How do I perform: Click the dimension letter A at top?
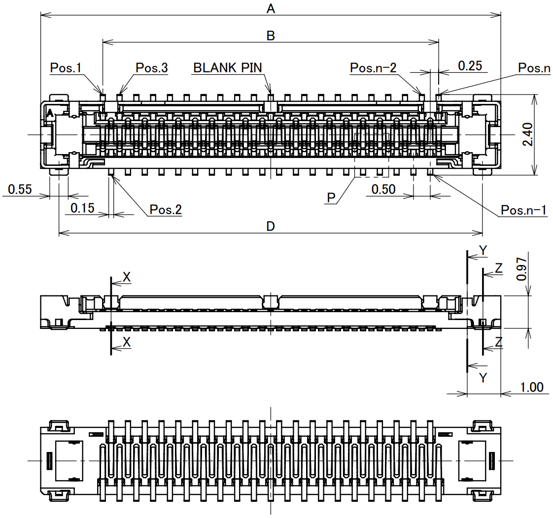point(271,8)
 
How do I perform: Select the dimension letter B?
point(271,35)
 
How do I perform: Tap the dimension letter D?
point(271,226)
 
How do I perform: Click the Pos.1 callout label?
point(66,68)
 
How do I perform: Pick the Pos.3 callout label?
point(152,68)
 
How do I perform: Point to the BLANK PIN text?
point(228,67)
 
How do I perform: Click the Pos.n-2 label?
point(373,68)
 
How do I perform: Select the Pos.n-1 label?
point(524,210)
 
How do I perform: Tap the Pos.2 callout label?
point(166,210)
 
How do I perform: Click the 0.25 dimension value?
point(470,65)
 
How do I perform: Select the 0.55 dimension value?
point(20,190)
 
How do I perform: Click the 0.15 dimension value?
point(82,208)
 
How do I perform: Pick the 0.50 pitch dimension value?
point(383,189)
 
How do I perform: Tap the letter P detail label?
point(331,198)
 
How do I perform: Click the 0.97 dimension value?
point(521,268)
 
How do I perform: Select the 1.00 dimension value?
point(531,387)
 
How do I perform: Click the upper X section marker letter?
point(127,278)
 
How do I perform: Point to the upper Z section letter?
point(499,268)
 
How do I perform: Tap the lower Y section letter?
point(483,378)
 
